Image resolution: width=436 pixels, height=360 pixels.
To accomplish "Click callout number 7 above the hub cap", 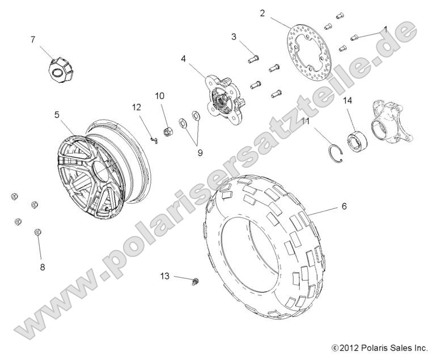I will pos(33,39).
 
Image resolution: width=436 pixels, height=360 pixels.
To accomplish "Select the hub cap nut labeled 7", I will pos(60,68).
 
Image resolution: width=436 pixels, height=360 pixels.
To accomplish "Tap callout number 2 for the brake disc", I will pos(263,13).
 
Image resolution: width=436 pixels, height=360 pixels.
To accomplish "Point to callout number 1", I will pos(385,28).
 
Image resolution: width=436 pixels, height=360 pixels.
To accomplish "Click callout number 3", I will pos(234,37).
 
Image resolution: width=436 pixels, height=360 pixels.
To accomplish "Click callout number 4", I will pos(184,58).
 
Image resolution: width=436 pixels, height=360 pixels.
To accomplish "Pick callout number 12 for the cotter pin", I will pos(137,107).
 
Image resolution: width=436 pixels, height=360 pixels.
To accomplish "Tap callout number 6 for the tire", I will pos(344,207).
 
